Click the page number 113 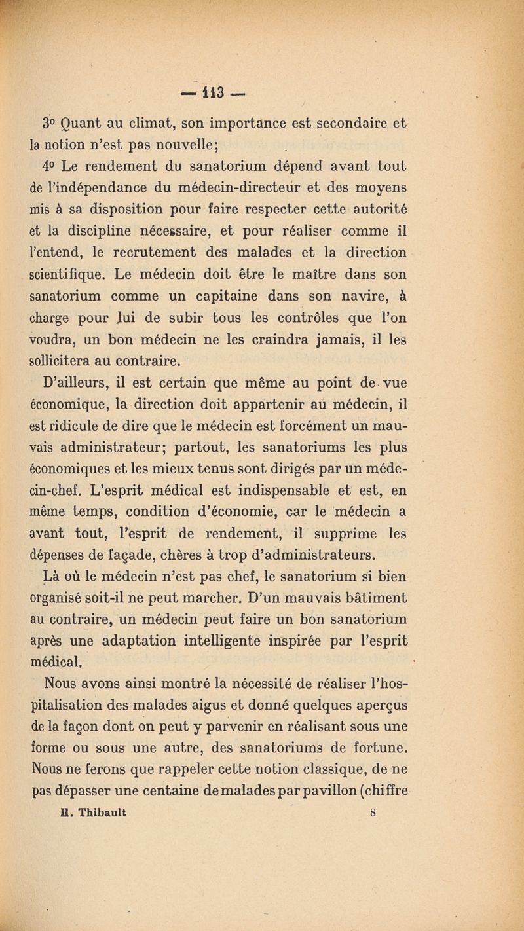pyautogui.click(x=262, y=86)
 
